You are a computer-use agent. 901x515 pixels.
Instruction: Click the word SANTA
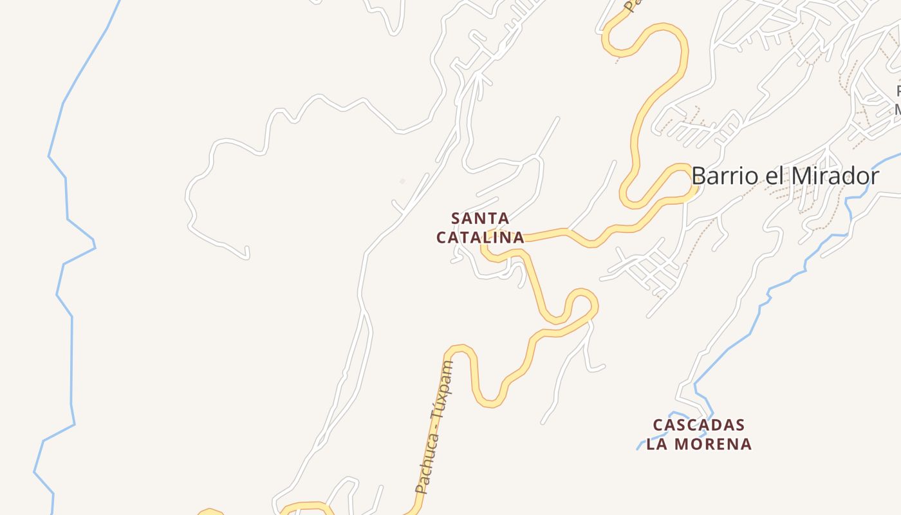480,218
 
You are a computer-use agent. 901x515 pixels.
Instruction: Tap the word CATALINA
480,238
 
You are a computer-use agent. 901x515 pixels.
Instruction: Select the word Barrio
724,176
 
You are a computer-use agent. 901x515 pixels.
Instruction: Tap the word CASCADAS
699,426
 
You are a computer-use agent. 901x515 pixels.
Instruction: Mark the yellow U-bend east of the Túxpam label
489,402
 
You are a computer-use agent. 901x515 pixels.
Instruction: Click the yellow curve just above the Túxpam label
460,350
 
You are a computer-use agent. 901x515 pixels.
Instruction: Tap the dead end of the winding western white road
247,256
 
